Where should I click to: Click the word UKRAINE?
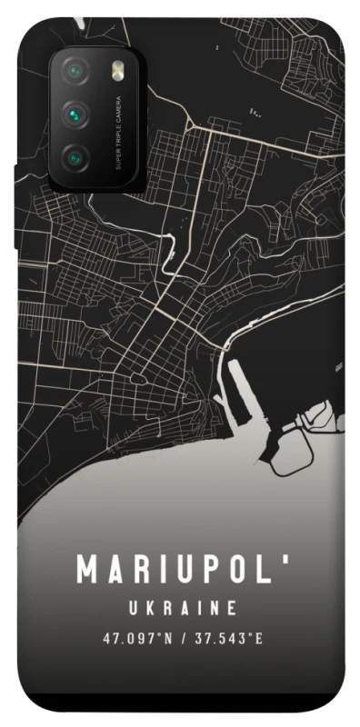click(181, 607)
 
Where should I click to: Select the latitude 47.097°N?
click(135, 638)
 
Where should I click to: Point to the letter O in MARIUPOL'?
click(238, 570)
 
